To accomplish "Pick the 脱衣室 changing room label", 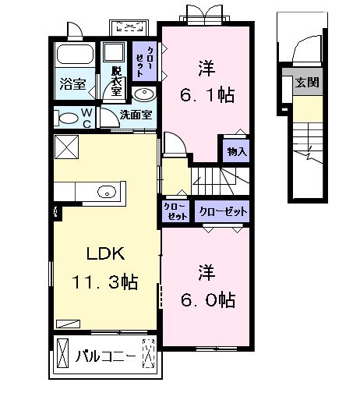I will point(117,81).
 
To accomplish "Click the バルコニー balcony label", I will point(106,356).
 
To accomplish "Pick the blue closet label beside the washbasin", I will point(145,61).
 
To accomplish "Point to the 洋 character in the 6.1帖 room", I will point(206,69).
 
